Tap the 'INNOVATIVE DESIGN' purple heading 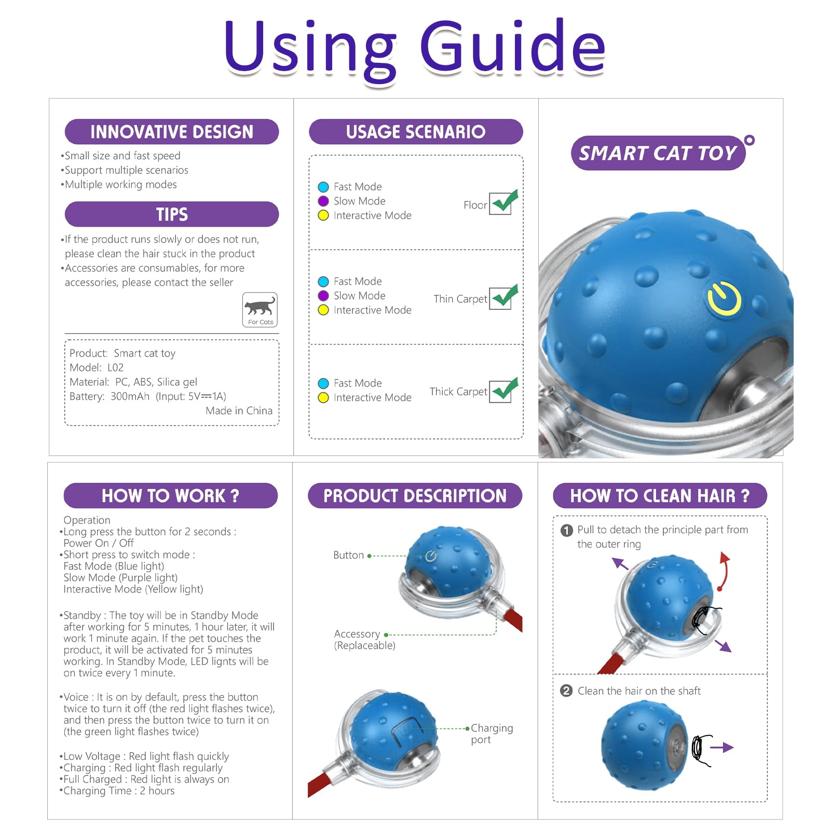[171, 132]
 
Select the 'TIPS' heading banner [171, 214]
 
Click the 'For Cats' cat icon [260, 309]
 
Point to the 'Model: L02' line [97, 367]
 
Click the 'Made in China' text [239, 411]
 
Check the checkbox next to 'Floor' [501, 203]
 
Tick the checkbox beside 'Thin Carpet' [501, 298]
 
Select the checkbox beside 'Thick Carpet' [501, 391]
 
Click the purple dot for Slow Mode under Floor [323, 201]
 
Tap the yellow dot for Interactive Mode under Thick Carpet [323, 398]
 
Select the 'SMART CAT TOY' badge [658, 153]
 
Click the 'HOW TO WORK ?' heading [170, 496]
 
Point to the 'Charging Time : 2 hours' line [118, 791]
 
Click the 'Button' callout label [348, 555]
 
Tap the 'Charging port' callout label [491, 733]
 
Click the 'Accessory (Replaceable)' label [364, 639]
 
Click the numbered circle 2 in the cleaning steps [566, 691]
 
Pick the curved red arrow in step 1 [724, 572]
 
